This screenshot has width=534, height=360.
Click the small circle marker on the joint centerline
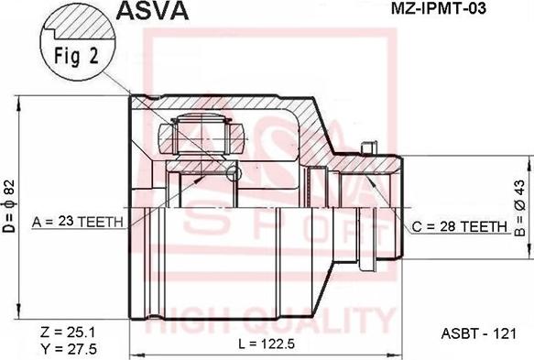[x=234, y=173]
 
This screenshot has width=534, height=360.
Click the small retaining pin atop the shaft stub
[x=368, y=147]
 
